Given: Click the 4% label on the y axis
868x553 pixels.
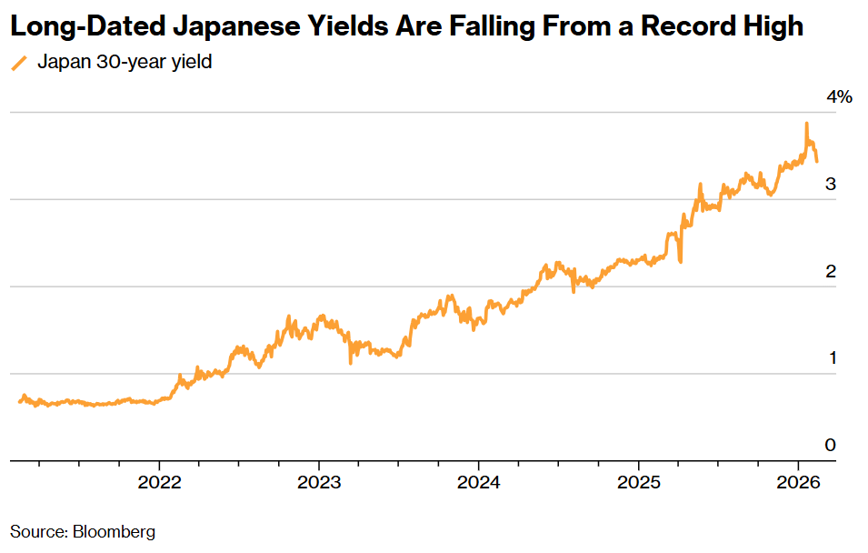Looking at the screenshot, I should tap(838, 97).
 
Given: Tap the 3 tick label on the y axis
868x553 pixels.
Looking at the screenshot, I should tap(830, 184).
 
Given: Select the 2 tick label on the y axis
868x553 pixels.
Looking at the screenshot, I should tap(830, 271).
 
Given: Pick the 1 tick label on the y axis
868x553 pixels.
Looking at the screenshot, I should tap(831, 357).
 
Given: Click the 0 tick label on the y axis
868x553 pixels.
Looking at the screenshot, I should tap(830, 445).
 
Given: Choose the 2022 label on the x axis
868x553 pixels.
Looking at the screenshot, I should tap(159, 482).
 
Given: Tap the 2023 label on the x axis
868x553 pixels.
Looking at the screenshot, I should tap(319, 482).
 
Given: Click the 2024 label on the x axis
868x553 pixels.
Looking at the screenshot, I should tap(478, 482).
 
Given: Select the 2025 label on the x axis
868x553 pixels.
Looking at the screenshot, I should tap(638, 482).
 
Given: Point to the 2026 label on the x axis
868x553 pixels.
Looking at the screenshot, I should tap(798, 482).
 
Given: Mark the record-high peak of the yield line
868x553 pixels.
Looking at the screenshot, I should tap(806, 124).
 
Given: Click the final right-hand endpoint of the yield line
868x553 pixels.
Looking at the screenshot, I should tap(816, 161).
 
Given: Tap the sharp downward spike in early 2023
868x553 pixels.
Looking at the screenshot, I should tap(351, 363).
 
